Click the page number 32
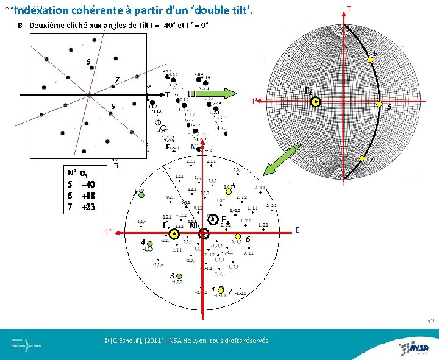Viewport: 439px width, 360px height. [x=430, y=321]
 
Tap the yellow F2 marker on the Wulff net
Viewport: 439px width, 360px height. [x=316, y=102]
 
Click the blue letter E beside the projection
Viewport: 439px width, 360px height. [x=297, y=230]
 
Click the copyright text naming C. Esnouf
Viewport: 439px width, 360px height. [x=186, y=341]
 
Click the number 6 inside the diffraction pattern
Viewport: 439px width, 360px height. [x=88, y=62]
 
